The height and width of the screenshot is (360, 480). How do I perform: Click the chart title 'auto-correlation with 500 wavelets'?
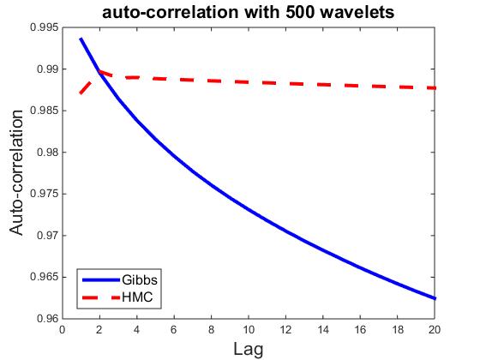(249, 13)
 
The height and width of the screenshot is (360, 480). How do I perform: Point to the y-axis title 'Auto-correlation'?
(16, 172)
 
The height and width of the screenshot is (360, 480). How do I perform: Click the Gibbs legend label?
(140, 279)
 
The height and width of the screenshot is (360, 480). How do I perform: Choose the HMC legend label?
(137, 297)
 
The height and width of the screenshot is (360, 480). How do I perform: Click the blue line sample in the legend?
(101, 279)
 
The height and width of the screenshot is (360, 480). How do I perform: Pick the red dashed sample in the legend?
(101, 297)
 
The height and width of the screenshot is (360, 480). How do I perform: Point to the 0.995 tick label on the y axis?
(44, 27)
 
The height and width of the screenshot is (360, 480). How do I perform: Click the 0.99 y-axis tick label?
(47, 69)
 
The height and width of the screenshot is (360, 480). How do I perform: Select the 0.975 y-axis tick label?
(44, 194)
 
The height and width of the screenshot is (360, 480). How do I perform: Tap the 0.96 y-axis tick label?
(47, 319)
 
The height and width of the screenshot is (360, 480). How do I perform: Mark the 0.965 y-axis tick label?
(44, 277)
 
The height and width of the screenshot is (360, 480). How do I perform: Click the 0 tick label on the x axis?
(63, 330)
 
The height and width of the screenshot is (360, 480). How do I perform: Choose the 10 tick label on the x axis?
(249, 330)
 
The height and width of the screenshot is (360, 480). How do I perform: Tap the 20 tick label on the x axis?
(435, 330)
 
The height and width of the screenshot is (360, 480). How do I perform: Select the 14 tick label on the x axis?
(323, 330)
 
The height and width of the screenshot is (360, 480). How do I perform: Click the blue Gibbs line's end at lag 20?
(435, 298)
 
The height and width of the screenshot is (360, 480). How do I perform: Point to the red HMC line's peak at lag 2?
(99, 72)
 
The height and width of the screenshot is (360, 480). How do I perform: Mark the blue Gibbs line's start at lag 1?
(81, 39)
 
